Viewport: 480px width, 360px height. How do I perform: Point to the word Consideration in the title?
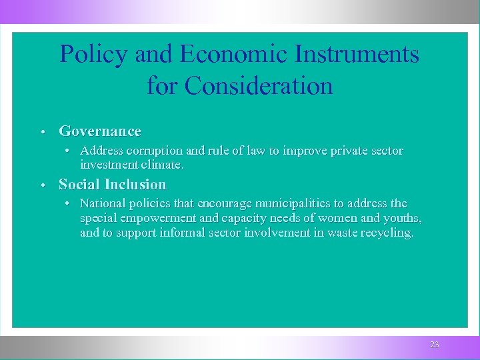pyautogui.click(x=258, y=86)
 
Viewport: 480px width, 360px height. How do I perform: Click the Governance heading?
pyautogui.click(x=100, y=131)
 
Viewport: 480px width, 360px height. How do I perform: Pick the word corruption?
pyautogui.click(x=151, y=151)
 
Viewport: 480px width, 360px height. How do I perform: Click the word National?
pyautogui.click(x=102, y=203)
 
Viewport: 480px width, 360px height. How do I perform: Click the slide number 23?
pyautogui.click(x=435, y=345)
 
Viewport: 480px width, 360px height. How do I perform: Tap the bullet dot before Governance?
pyautogui.click(x=42, y=132)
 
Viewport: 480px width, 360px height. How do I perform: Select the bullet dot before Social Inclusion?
pyautogui.click(x=42, y=185)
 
